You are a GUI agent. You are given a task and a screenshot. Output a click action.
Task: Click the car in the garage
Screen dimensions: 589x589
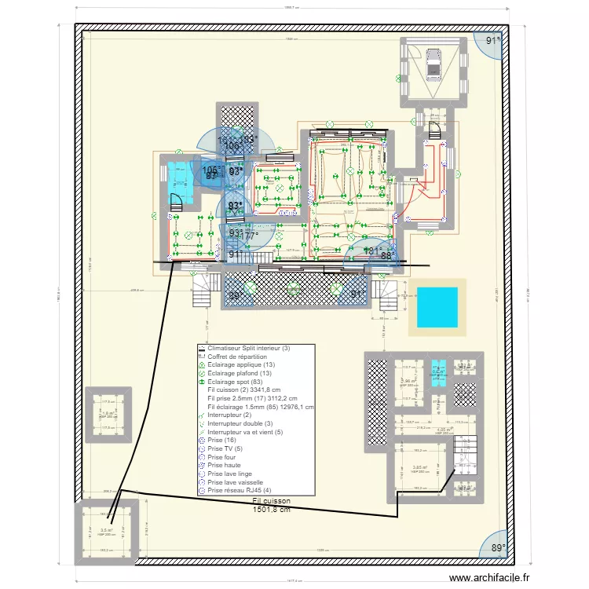(x=433, y=62)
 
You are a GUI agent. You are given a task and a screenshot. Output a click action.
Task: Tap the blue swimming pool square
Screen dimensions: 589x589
(x=435, y=307)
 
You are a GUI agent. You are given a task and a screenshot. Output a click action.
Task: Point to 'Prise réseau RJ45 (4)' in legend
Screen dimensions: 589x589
(x=241, y=491)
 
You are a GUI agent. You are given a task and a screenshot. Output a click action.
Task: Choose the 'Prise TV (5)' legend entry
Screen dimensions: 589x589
(x=225, y=449)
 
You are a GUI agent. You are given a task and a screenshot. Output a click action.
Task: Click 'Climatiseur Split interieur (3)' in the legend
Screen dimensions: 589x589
(x=254, y=348)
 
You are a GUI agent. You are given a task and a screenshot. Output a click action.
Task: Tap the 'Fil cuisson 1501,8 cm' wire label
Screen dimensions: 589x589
(x=272, y=504)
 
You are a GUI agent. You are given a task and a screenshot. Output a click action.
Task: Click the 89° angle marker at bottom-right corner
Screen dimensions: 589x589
(x=496, y=548)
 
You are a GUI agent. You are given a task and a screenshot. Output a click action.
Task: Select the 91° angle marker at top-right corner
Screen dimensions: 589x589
(x=492, y=40)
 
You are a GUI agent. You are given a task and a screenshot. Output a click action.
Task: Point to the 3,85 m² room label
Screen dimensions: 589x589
(x=419, y=467)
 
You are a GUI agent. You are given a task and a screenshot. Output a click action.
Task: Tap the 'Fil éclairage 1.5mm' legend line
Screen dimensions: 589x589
(x=260, y=407)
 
